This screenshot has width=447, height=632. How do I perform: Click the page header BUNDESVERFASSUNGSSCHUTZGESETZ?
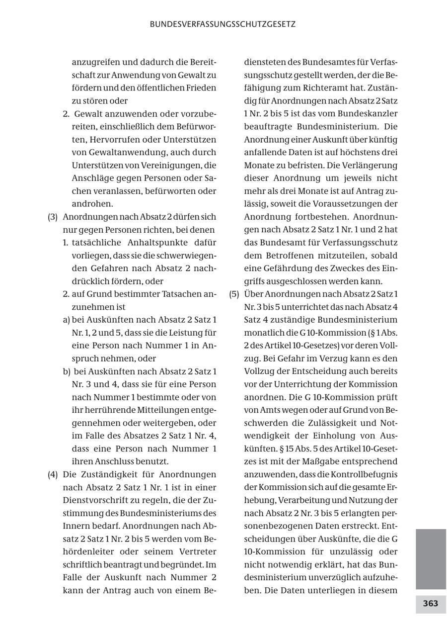click(x=223, y=24)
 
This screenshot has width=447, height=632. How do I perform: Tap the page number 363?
click(x=431, y=604)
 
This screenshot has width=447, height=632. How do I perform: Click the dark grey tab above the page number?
click(x=431, y=559)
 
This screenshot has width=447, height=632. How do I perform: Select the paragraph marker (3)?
click(x=53, y=217)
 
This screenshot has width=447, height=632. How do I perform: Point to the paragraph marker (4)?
click(x=53, y=474)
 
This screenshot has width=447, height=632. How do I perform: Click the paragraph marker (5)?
click(x=234, y=294)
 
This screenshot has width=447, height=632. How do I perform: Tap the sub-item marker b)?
click(x=67, y=371)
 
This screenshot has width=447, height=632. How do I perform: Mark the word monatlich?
click(x=261, y=333)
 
